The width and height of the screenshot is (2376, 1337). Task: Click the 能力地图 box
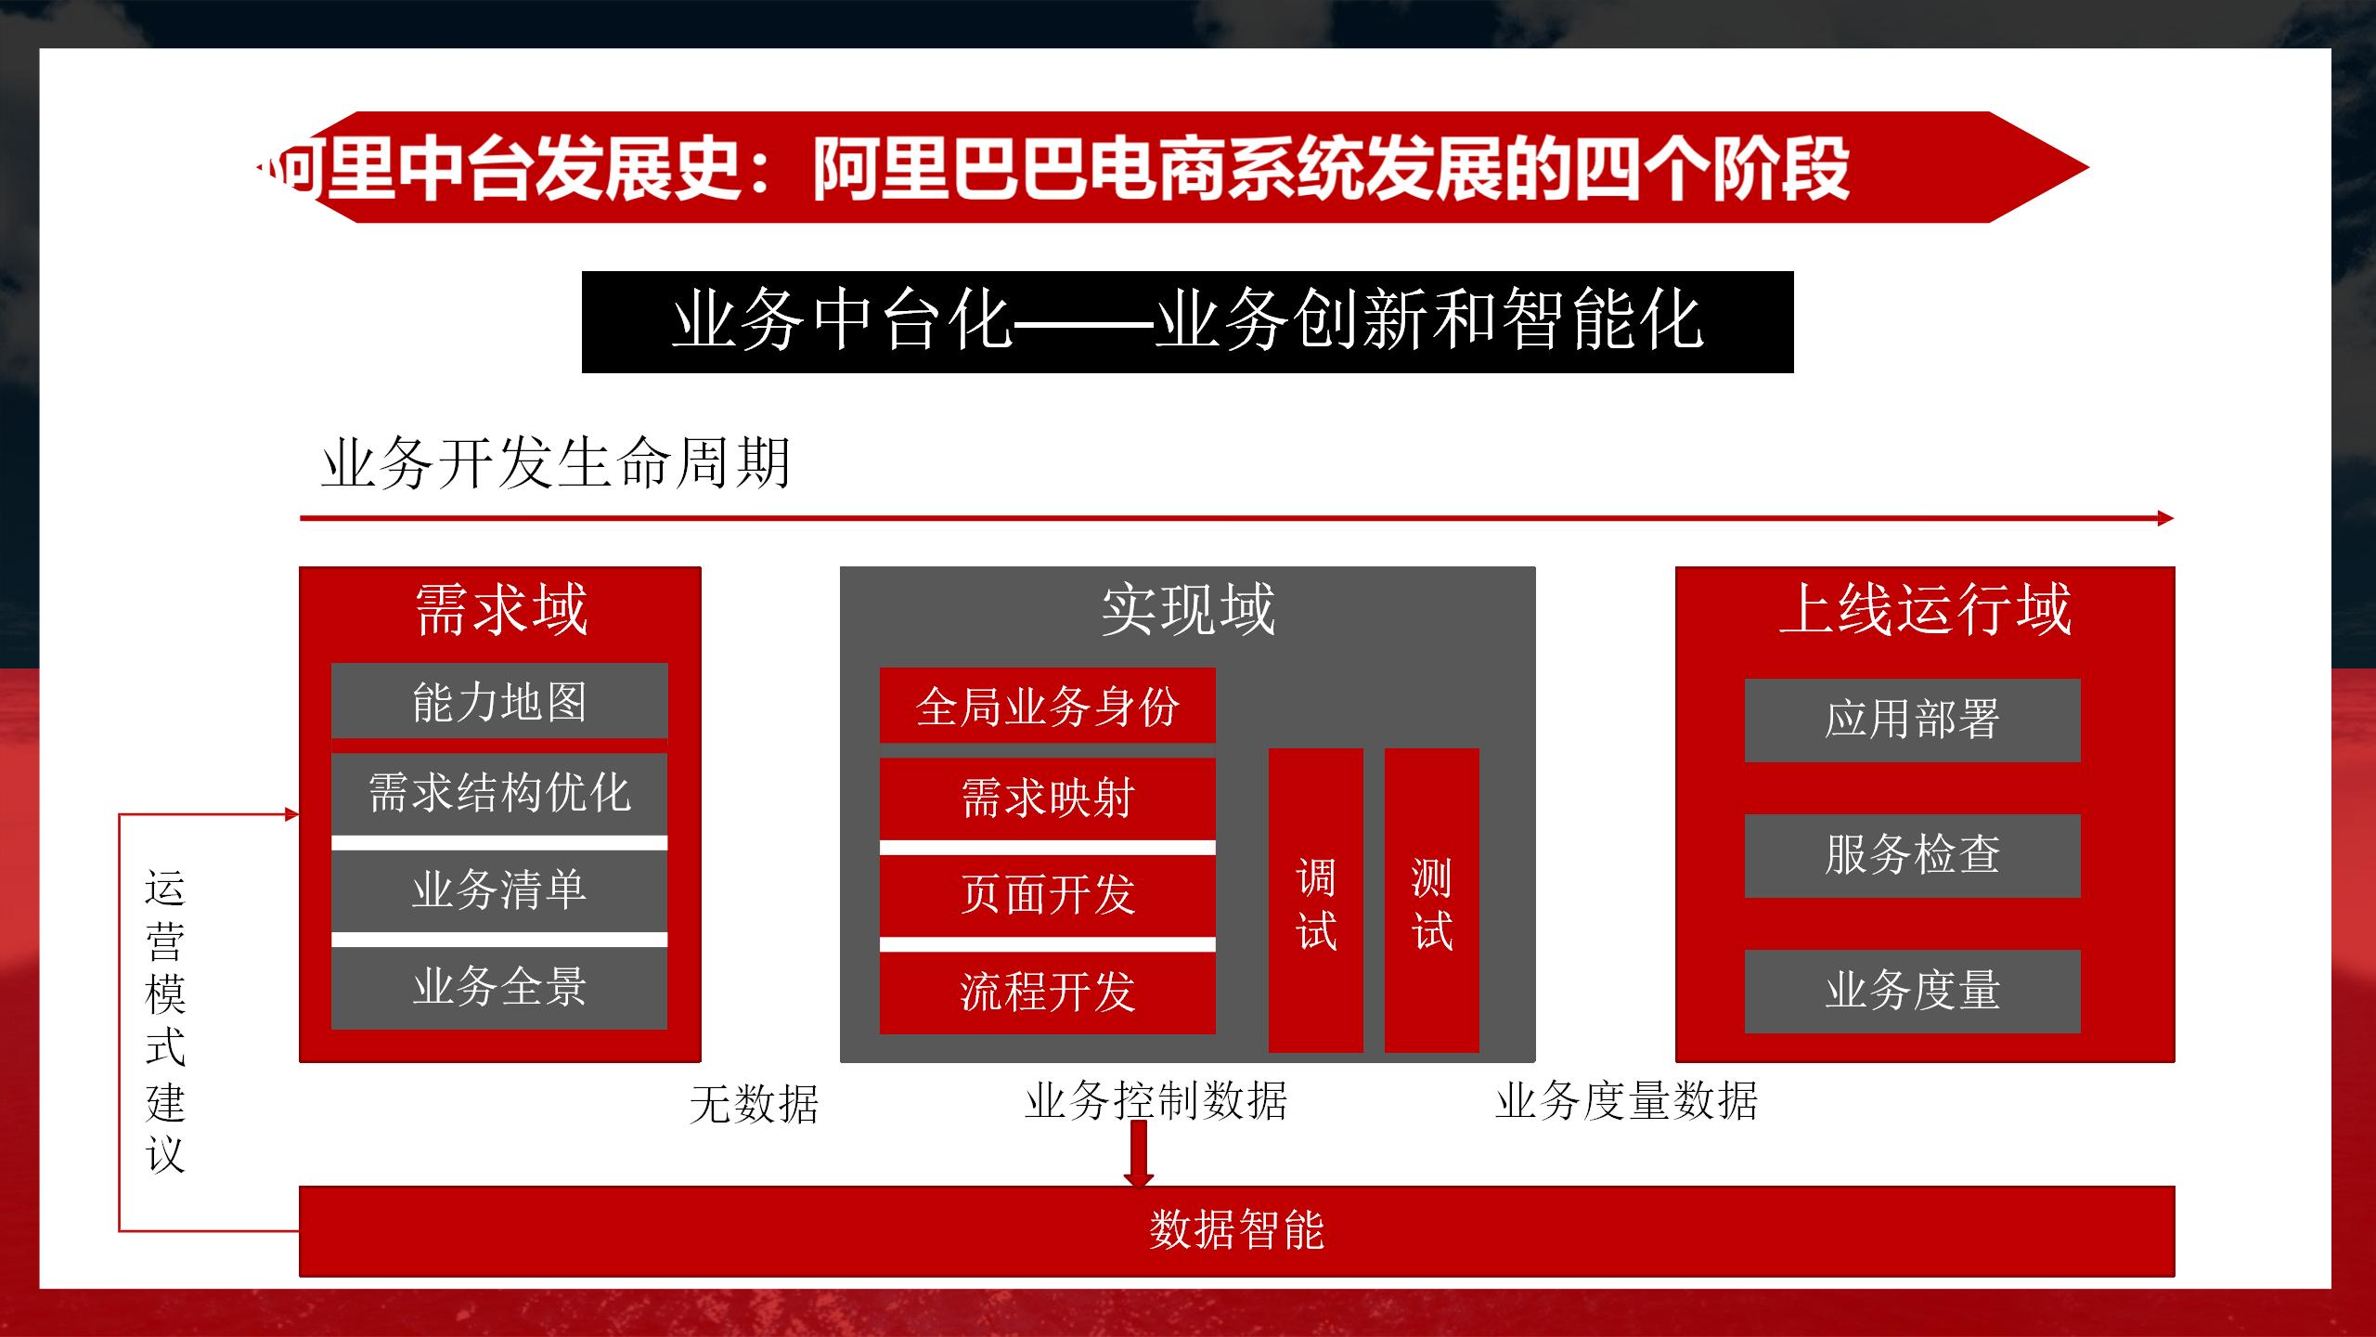tap(499, 701)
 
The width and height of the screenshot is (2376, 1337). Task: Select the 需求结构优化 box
tap(499, 794)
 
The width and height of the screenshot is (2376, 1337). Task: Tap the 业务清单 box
tap(499, 890)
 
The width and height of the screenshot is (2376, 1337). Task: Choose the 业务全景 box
tap(499, 987)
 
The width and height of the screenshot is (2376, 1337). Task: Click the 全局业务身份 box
tap(1047, 706)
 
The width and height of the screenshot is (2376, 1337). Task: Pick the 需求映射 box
tap(1047, 798)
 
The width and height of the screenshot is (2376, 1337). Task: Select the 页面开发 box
tap(1047, 895)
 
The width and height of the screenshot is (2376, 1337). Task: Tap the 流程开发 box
tap(1047, 993)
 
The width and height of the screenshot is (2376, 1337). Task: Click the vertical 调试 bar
tap(1315, 901)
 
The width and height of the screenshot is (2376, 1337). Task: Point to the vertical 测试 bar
tap(1431, 901)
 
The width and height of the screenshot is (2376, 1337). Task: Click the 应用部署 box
tap(1912, 720)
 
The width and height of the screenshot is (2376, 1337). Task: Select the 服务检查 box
tap(1912, 855)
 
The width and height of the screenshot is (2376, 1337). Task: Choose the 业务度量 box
tap(1912, 991)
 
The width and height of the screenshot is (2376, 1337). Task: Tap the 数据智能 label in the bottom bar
tap(1236, 1230)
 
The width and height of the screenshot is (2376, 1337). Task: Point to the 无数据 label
tap(754, 1105)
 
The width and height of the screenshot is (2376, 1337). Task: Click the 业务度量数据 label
tap(1626, 1101)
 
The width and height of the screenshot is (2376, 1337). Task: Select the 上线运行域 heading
tap(1925, 610)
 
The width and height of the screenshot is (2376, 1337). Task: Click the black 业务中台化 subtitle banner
tap(1187, 322)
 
